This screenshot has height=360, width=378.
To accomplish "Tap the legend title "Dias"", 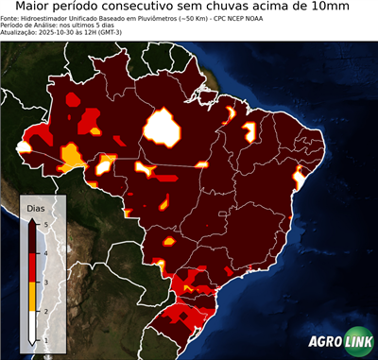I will click(x=35, y=207).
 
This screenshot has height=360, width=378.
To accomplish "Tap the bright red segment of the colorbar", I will click(x=34, y=266).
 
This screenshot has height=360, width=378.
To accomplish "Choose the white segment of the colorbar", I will click(x=34, y=325).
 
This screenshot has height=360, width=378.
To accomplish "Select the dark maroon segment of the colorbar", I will click(x=34, y=236).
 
